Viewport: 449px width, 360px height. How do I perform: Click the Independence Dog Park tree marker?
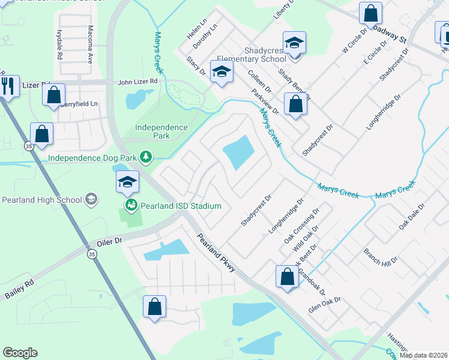coord(145,157)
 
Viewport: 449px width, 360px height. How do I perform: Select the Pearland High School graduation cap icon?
coord(91,199)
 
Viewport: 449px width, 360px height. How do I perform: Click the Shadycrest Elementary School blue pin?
coord(294,43)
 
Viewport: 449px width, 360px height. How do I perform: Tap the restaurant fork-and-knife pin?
coord(8,86)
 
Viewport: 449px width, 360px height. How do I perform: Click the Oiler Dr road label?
coord(109,241)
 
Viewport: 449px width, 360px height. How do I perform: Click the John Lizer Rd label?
coord(137,81)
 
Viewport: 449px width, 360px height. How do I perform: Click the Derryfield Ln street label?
coord(78,104)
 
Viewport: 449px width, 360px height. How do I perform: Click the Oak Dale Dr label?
coord(412,217)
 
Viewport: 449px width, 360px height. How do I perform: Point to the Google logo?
coord(20,352)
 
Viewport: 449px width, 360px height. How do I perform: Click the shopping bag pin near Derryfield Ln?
coord(54,95)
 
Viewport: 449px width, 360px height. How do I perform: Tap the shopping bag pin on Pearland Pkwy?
coord(287,277)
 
